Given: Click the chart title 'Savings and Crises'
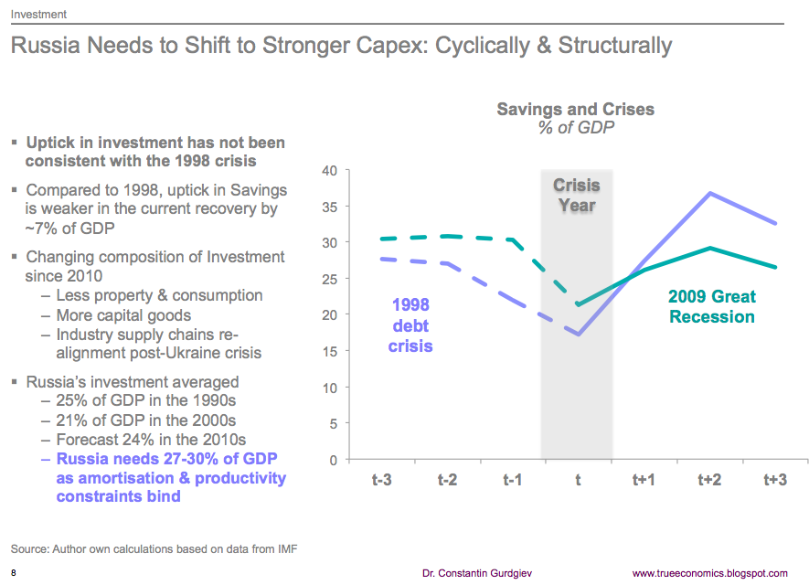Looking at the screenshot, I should coord(575,109).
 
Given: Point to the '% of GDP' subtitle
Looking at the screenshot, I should coord(575,128).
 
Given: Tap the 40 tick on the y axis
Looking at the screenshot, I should coord(331,171).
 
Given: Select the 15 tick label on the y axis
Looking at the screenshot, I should coord(331,352).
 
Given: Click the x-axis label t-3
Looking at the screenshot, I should coord(382,480).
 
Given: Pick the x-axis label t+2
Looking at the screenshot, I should coord(709,480).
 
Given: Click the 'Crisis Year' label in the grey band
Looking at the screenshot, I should coord(577,196).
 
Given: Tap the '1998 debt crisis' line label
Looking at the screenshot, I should coord(410,325).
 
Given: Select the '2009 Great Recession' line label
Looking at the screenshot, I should coord(711,307).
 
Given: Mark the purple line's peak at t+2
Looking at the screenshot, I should coord(709,193).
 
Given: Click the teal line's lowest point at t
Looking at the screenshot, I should coord(578,304).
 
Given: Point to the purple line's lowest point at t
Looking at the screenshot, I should coord(578,335).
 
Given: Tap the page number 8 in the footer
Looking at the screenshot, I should coord(14,573).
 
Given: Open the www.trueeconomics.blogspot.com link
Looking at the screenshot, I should coord(709,573).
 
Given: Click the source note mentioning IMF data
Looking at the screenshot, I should coord(154,548).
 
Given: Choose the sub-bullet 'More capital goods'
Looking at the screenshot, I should coord(123,315).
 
